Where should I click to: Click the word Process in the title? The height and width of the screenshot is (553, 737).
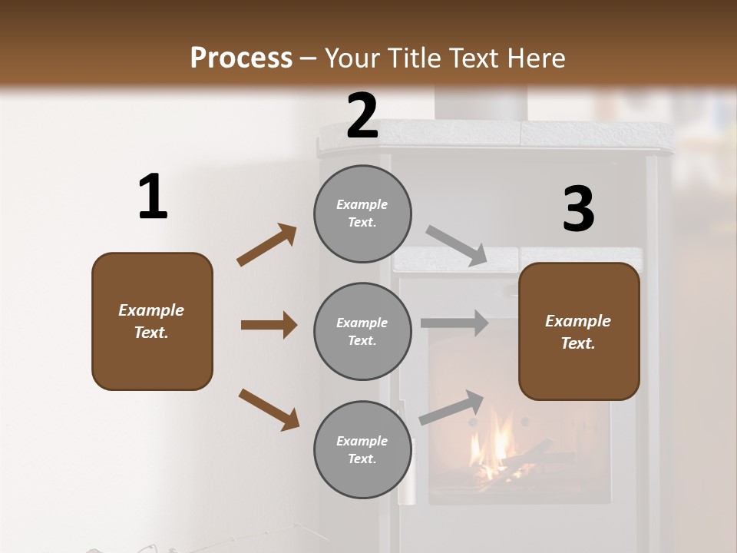pyautogui.click(x=241, y=58)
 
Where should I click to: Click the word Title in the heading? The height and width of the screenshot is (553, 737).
pyautogui.click(x=412, y=58)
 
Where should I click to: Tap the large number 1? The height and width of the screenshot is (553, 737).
pyautogui.click(x=153, y=197)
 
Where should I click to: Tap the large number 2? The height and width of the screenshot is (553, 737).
pyautogui.click(x=362, y=116)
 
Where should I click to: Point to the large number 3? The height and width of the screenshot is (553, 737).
pyautogui.click(x=578, y=209)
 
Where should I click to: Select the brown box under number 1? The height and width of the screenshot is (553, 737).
pyautogui.click(x=152, y=321)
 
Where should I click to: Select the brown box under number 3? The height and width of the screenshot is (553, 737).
pyautogui.click(x=579, y=332)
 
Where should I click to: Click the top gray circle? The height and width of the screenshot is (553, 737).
pyautogui.click(x=362, y=214)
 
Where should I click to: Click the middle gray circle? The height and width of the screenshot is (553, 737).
pyautogui.click(x=362, y=332)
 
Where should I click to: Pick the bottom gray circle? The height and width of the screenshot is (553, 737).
pyautogui.click(x=362, y=450)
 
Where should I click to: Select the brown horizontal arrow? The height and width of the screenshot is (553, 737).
pyautogui.click(x=269, y=325)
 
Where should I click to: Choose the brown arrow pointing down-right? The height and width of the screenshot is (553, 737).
pyautogui.click(x=269, y=409)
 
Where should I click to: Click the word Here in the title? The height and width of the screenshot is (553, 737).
pyautogui.click(x=535, y=58)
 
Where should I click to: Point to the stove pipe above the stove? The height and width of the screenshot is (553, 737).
pyautogui.click(x=481, y=104)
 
